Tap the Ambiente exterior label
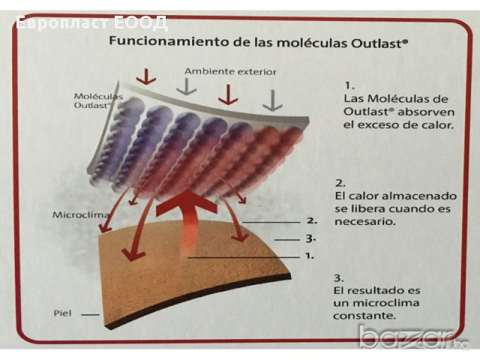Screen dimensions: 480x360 230,72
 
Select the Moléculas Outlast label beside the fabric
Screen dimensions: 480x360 98,100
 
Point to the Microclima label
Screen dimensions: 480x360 81,214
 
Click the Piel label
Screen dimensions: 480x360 62,313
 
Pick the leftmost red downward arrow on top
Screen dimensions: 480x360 146,76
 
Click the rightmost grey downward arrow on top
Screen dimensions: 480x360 272,100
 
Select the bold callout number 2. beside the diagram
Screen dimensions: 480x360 312,220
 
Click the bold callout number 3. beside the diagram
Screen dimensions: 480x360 310,238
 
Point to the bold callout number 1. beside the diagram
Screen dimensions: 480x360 310,256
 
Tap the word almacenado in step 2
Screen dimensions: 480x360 419,196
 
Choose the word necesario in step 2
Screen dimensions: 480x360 365,221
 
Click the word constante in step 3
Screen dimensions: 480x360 364,316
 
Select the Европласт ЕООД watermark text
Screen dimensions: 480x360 91,23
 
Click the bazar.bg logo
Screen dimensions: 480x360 413,338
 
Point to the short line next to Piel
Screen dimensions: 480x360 90,314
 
